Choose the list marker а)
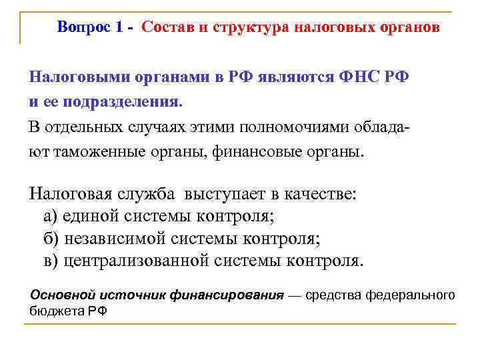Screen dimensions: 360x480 51,216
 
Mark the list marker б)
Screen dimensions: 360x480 51,238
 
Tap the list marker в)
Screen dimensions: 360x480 51,260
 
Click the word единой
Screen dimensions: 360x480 95,216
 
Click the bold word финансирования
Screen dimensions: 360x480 227,295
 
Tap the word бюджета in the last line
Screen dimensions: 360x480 59,311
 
